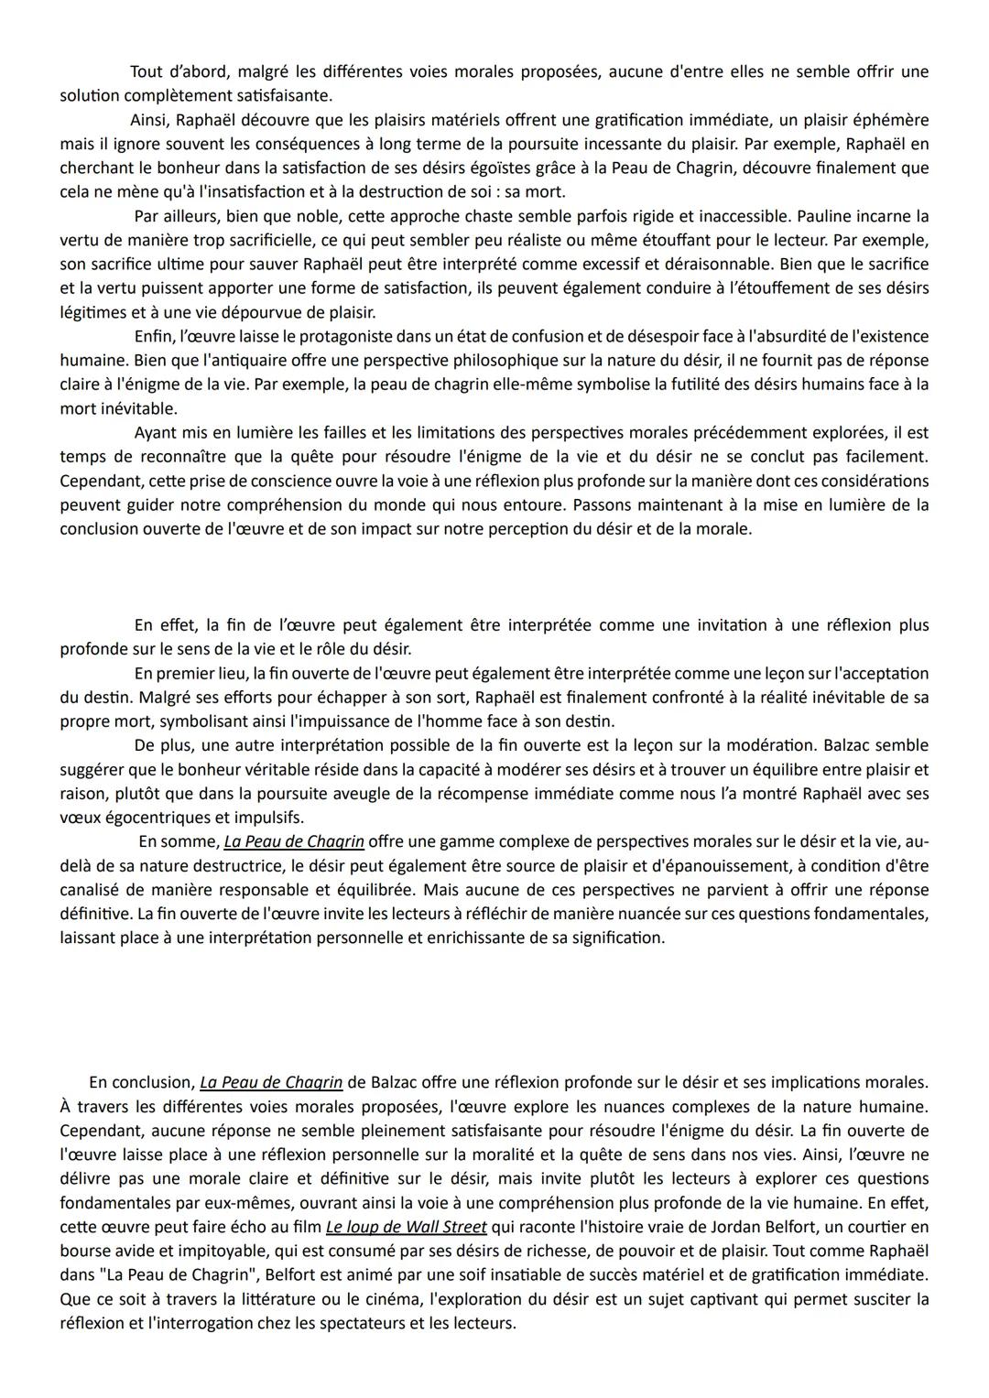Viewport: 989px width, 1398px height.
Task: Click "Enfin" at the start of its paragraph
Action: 153,337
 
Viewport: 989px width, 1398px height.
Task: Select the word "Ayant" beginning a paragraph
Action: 157,432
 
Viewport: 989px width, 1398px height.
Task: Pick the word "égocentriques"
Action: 148,817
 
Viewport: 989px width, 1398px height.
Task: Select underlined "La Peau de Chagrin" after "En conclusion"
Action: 271,1082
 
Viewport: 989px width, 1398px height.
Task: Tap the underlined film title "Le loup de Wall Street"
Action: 406,1227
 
